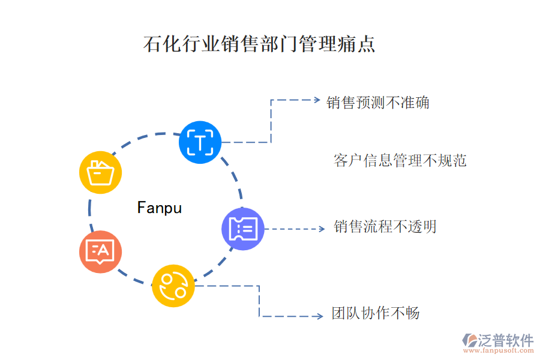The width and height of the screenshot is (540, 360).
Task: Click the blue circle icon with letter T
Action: pyautogui.click(x=200, y=142)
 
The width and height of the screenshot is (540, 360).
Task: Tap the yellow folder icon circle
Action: pyautogui.click(x=101, y=172)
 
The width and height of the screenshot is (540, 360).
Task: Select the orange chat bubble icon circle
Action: pyautogui.click(x=100, y=251)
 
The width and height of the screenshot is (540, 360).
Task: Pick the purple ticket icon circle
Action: pyautogui.click(x=243, y=229)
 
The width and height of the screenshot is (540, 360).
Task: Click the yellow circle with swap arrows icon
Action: pyautogui.click(x=173, y=286)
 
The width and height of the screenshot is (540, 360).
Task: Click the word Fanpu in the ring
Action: pyautogui.click(x=159, y=208)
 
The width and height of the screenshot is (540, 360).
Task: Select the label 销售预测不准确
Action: pyautogui.click(x=378, y=103)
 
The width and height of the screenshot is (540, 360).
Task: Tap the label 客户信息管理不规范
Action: pyautogui.click(x=400, y=160)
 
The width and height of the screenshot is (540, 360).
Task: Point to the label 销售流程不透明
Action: pyautogui.click(x=385, y=227)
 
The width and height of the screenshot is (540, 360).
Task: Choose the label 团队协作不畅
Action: pyautogui.click(x=376, y=313)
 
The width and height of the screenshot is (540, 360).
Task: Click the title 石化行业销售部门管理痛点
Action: pyautogui.click(x=259, y=44)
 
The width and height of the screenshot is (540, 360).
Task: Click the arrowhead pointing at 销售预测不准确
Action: pyautogui.click(x=318, y=100)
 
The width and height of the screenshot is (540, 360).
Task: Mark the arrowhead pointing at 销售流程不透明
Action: pyautogui.click(x=322, y=229)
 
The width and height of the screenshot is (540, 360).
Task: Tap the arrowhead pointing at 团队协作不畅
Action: pyautogui.click(x=319, y=316)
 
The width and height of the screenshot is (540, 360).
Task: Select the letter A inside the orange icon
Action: pyautogui.click(x=103, y=250)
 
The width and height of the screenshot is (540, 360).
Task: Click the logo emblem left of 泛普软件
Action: pyautogui.click(x=469, y=340)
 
